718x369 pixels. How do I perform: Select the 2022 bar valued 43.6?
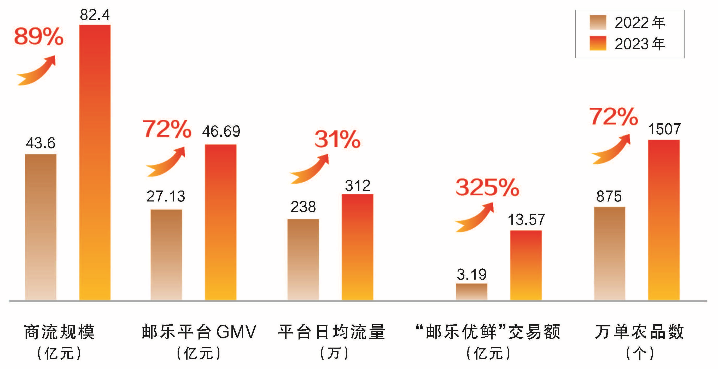[41, 227]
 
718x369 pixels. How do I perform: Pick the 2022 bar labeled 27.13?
[166, 255]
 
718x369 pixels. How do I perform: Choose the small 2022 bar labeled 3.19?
[471, 292]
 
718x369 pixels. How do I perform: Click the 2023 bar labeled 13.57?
[526, 265]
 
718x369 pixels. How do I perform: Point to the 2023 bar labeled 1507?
[664, 220]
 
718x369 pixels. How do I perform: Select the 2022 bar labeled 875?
[610, 253]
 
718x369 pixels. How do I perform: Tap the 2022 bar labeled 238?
[303, 260]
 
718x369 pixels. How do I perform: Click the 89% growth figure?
[39, 36]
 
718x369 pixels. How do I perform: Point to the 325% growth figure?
[487, 187]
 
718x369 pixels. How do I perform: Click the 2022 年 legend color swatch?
[598, 22]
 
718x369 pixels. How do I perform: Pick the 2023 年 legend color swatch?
[598, 43]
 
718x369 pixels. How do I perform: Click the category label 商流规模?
[59, 332]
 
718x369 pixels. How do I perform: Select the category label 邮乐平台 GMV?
[199, 332]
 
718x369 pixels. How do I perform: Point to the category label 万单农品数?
[639, 332]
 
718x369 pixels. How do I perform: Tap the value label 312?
[358, 186]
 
